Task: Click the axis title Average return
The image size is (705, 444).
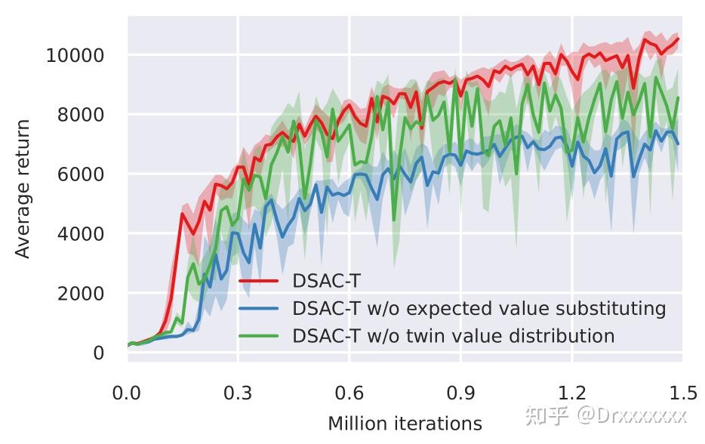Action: click(x=24, y=189)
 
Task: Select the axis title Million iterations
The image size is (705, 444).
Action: click(x=405, y=424)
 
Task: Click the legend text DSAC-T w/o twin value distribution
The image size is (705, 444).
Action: click(x=454, y=336)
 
